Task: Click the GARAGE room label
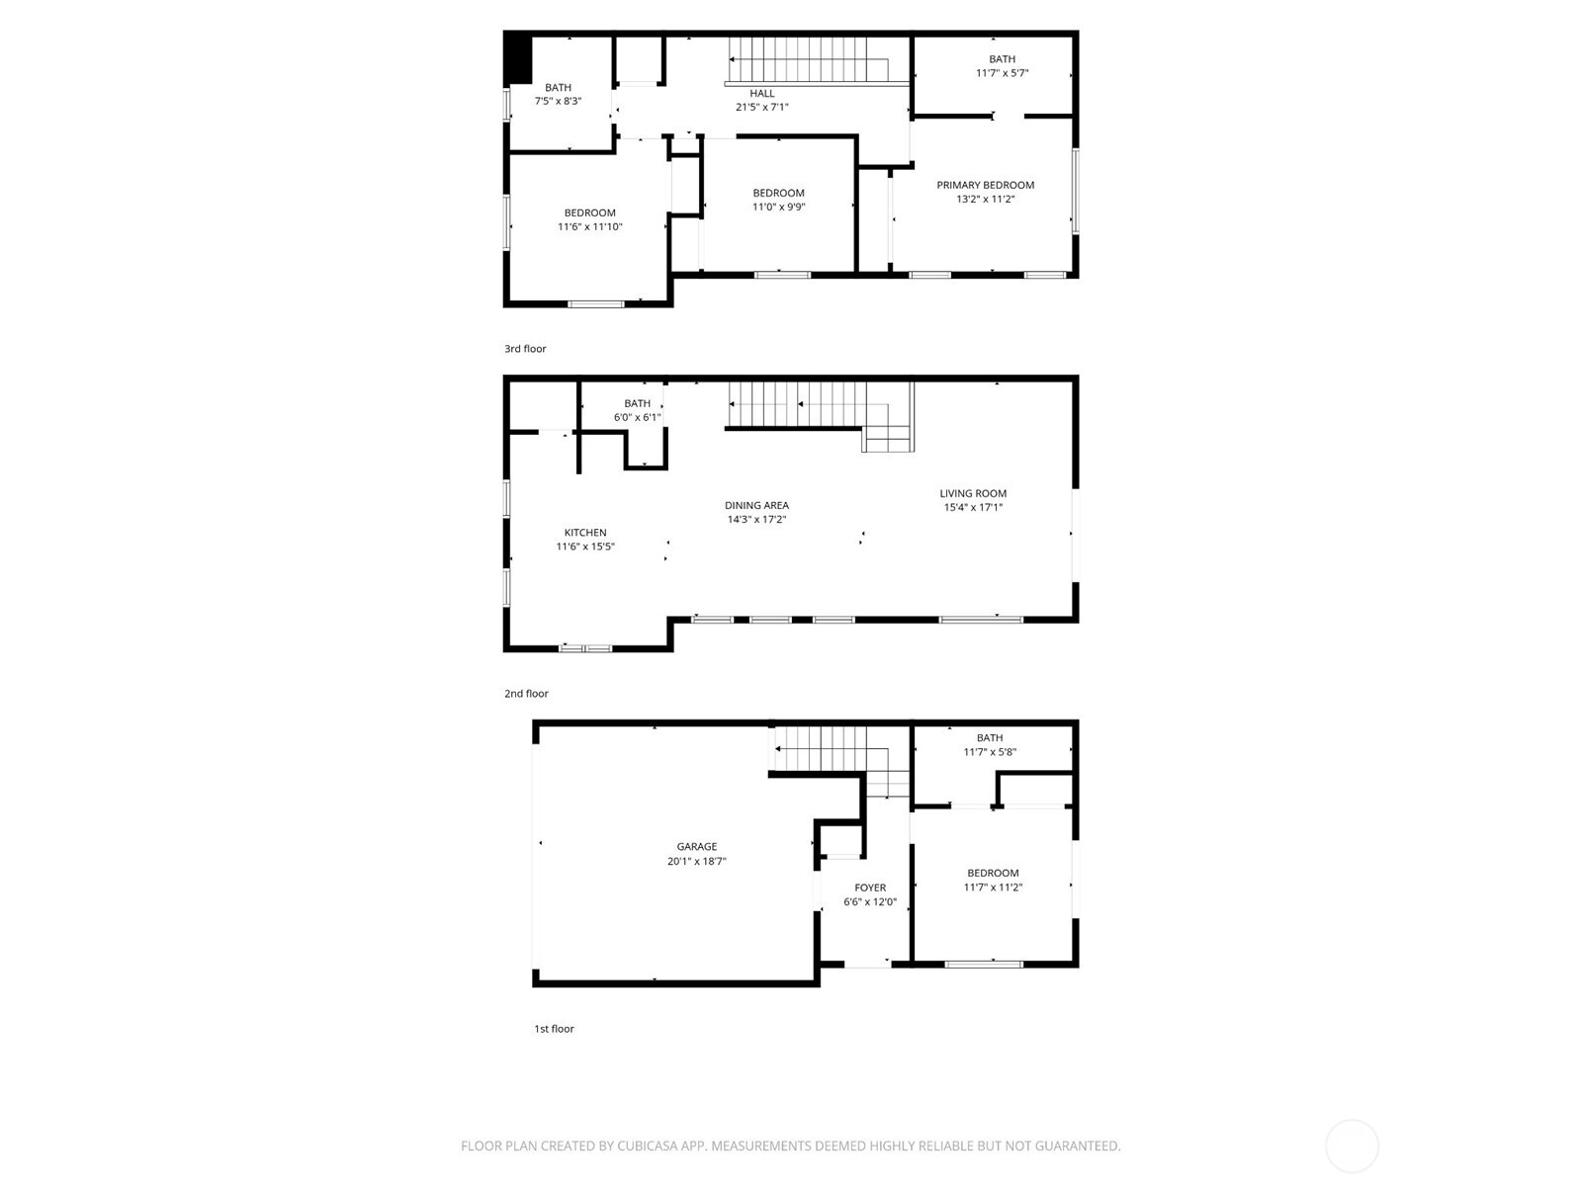[696, 846]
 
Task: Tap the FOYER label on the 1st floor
[870, 888]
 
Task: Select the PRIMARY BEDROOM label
[985, 185]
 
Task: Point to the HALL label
[761, 93]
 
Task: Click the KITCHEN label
[585, 532]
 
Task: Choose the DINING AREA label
[756, 505]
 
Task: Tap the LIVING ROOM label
[973, 493]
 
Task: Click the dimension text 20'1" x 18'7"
[696, 861]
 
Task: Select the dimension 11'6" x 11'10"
[589, 226]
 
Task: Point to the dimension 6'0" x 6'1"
[637, 417]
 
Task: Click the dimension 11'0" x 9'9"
[778, 207]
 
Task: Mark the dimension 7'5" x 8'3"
[558, 101]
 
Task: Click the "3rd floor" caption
[525, 349]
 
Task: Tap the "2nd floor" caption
[526, 694]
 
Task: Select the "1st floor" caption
[554, 1028]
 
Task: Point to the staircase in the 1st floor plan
[841, 760]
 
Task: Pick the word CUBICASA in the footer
[648, 1145]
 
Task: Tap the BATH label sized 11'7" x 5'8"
[990, 737]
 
